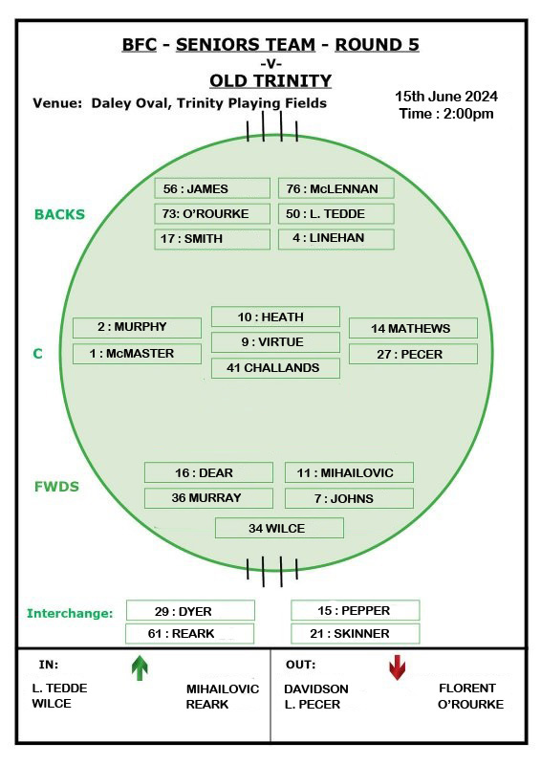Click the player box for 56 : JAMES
point(212,188)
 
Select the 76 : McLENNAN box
point(336,188)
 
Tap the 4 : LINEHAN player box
point(336,239)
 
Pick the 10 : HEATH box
point(275,317)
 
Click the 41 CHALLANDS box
point(275,368)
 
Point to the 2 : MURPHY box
point(137,328)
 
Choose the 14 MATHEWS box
point(413,328)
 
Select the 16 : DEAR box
point(208,472)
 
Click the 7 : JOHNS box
point(349,498)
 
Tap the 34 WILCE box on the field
point(279,528)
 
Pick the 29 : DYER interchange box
point(191,610)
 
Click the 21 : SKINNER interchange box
point(356,633)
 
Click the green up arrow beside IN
point(140,667)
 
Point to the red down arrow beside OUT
point(397,667)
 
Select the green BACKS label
point(59,214)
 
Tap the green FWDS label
point(56,487)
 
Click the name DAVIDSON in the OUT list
point(316,688)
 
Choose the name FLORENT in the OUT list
point(467,688)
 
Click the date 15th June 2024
point(446,97)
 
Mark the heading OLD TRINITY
point(270,80)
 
